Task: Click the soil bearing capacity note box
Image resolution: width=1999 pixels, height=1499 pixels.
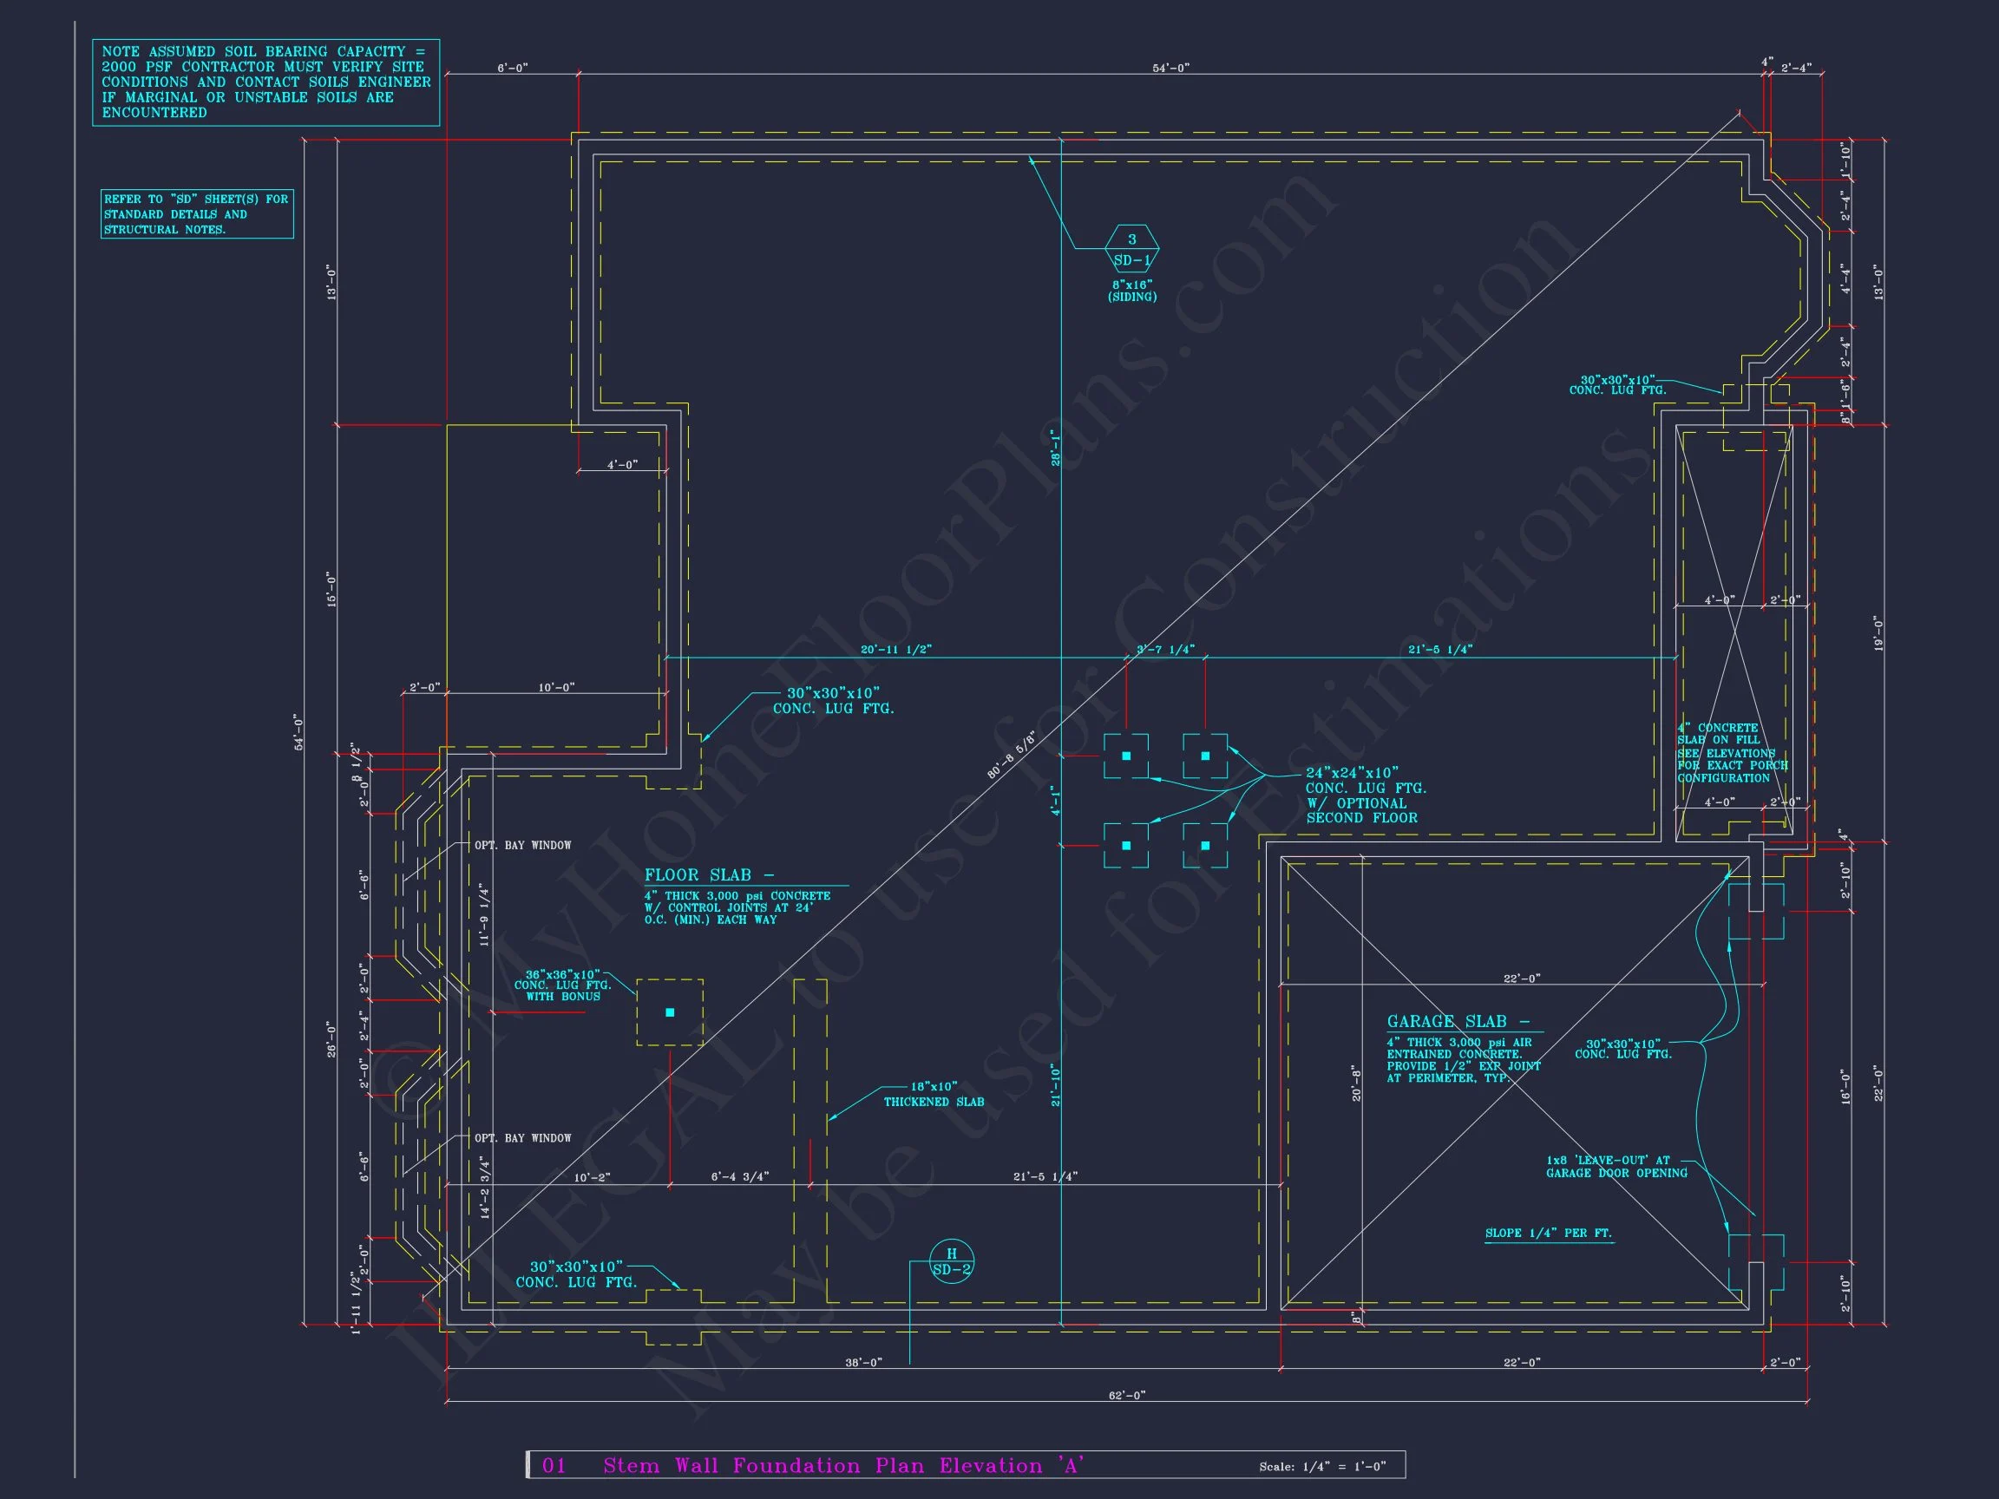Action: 265,82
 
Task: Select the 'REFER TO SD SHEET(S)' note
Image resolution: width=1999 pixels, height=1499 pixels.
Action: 196,214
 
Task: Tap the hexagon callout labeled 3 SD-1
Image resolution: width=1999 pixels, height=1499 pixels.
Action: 1131,248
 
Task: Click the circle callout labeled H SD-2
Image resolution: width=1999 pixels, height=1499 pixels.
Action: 951,1260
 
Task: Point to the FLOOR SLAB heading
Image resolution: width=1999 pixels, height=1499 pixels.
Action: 710,874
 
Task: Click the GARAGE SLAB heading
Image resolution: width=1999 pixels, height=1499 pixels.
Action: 1458,1022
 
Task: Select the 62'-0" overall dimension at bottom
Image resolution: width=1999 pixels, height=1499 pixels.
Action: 1126,1395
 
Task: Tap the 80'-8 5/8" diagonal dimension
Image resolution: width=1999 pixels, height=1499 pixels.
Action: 1012,756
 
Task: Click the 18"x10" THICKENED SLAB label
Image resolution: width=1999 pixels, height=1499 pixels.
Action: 934,1094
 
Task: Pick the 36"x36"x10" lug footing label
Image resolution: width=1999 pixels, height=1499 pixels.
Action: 563,985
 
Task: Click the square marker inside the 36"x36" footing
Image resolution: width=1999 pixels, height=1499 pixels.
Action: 670,1013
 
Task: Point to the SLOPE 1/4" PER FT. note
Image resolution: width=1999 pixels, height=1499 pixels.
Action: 1548,1234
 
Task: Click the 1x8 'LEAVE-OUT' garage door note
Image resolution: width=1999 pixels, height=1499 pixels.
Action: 1616,1167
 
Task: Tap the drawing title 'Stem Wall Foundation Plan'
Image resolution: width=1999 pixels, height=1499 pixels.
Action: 842,1465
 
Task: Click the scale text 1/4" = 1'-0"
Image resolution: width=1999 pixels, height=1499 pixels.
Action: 1322,1467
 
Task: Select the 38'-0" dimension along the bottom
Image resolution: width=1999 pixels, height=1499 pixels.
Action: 863,1363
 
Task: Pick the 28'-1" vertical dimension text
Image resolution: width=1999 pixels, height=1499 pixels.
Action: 1056,447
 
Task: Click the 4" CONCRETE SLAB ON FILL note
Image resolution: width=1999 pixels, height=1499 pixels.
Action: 1732,753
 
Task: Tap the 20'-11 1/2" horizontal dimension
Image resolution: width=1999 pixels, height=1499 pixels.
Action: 895,649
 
